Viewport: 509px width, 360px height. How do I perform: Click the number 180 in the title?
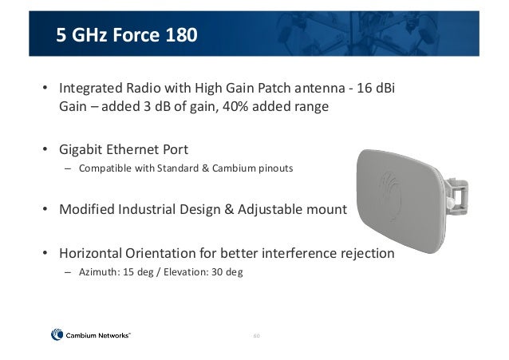[178, 35]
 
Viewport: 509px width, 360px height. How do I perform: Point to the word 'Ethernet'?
[132, 149]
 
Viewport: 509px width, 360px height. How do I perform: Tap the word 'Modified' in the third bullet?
[84, 210]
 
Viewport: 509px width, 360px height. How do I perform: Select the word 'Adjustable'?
[266, 210]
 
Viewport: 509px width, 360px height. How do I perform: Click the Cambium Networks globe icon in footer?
[57, 335]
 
